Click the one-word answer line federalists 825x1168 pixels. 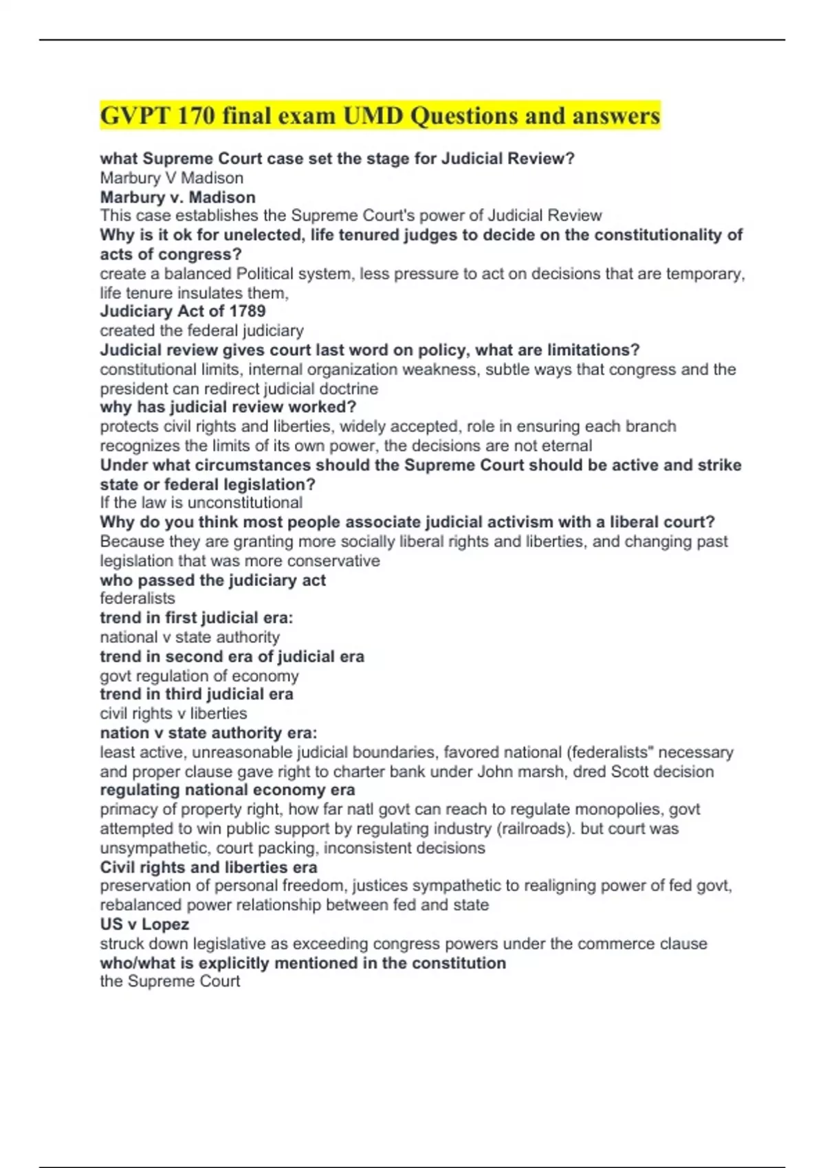coord(137,598)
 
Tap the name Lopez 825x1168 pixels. coord(165,924)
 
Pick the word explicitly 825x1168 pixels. coord(234,963)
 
